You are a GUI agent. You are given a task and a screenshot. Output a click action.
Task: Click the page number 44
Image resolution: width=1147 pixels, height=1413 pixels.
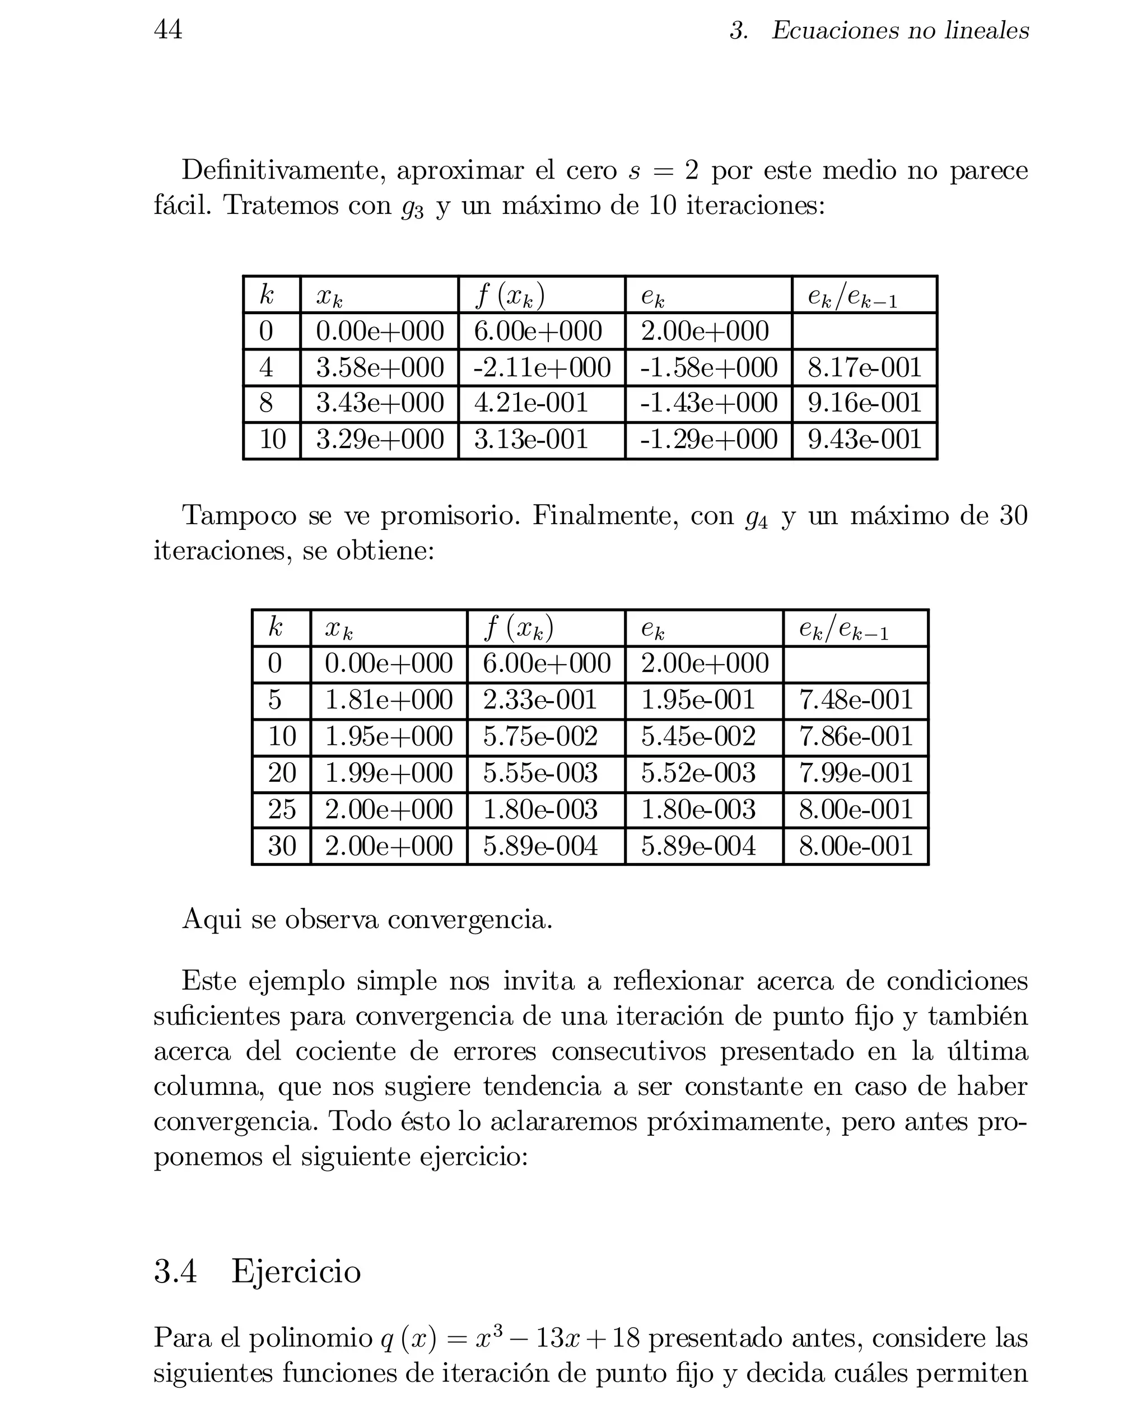tap(168, 30)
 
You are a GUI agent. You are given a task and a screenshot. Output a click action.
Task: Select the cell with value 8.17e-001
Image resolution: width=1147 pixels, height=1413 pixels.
tap(864, 368)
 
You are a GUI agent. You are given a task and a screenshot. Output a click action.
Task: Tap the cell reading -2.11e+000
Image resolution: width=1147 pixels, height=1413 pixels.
tap(542, 368)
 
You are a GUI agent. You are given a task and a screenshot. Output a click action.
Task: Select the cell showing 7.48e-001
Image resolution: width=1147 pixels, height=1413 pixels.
tap(856, 700)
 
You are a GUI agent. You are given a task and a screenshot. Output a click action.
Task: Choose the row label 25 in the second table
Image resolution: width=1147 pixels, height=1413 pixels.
tap(282, 810)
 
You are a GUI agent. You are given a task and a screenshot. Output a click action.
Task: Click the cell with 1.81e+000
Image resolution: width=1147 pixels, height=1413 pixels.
tap(389, 700)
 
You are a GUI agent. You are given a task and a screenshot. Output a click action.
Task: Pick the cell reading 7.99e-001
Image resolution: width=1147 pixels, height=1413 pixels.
tap(856, 773)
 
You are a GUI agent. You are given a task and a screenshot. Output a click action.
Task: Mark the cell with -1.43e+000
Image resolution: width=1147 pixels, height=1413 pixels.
tap(708, 404)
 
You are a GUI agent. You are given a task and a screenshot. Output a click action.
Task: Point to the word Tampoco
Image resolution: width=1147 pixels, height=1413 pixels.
tap(239, 515)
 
